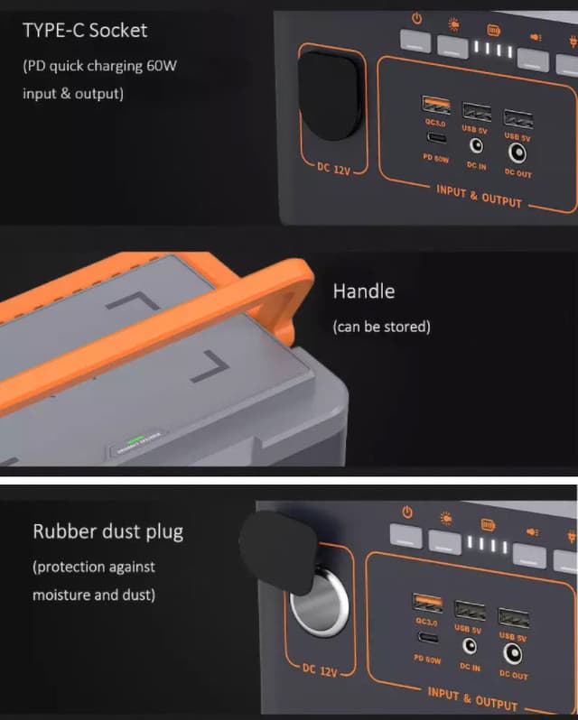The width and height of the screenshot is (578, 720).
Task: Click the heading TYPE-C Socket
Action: pyautogui.click(x=85, y=31)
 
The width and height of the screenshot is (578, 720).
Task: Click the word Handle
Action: pyautogui.click(x=364, y=291)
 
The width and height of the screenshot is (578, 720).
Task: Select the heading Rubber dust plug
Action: pyautogui.click(x=107, y=531)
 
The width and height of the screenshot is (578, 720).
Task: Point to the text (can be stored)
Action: pyautogui.click(x=382, y=327)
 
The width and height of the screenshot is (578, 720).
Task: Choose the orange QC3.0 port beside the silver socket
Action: pyautogui.click(x=426, y=603)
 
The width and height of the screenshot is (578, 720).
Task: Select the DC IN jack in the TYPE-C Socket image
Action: pyautogui.click(x=476, y=145)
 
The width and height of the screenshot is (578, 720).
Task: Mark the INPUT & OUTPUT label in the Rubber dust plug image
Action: pyautogui.click(x=472, y=697)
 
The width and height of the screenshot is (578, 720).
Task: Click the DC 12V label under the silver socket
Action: pyautogui.click(x=321, y=671)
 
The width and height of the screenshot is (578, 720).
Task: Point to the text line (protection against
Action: pyautogui.click(x=94, y=567)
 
